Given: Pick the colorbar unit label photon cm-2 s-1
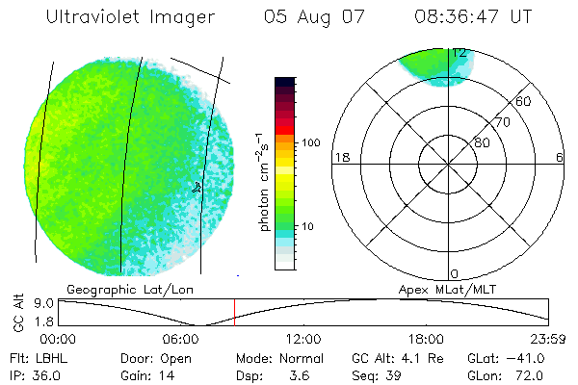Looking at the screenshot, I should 265,182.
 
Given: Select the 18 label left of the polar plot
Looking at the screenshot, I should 340,157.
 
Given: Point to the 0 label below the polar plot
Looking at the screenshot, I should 455,274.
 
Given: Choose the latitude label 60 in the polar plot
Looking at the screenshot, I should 524,101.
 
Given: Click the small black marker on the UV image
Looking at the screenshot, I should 197,187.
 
